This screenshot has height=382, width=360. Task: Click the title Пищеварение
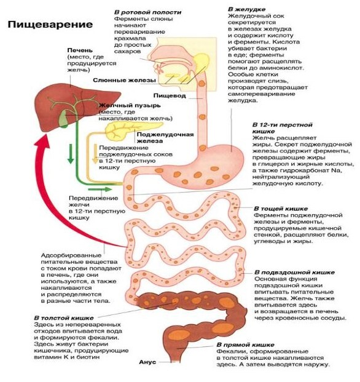click(x=50, y=25)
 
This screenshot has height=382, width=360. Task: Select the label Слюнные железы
click(x=124, y=81)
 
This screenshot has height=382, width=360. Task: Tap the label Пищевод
click(x=170, y=96)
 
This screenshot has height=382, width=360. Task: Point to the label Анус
click(x=147, y=362)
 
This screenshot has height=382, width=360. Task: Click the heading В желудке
click(x=246, y=9)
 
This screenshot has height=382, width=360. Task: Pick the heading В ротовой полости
click(x=147, y=12)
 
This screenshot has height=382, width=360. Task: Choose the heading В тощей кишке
click(x=281, y=209)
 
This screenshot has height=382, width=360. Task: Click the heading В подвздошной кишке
click(x=294, y=273)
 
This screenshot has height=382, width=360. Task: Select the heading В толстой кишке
click(x=64, y=318)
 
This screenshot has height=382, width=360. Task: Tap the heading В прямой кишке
click(x=245, y=345)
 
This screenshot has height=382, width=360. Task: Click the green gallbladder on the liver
click(x=64, y=119)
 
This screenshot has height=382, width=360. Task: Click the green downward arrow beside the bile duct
click(x=71, y=154)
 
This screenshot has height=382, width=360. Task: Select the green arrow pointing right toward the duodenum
click(x=100, y=189)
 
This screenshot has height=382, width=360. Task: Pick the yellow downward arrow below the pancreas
click(x=95, y=154)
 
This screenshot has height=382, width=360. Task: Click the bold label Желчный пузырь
click(x=130, y=105)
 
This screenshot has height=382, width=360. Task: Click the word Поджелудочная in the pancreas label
click(x=165, y=135)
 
